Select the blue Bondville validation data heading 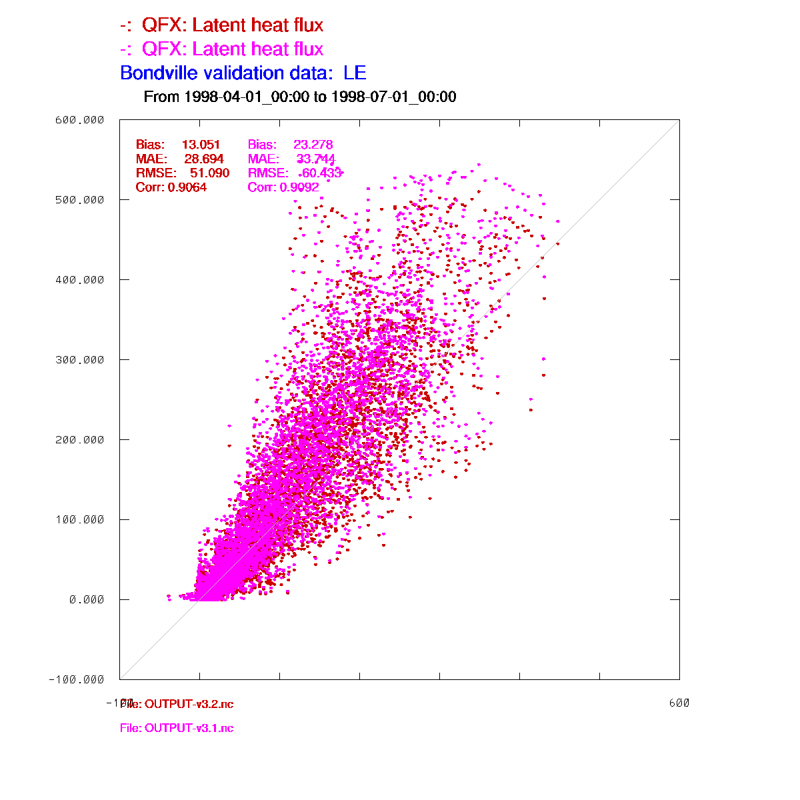(243, 73)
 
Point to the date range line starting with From (300, 97)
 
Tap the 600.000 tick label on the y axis (79, 120)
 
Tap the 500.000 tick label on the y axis (79, 200)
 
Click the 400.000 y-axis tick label (79, 280)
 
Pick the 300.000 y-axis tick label (79, 360)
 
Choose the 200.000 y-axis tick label (79, 440)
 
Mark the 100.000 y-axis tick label (79, 520)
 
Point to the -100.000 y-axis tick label (77, 680)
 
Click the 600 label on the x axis (679, 703)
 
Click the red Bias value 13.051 (201, 145)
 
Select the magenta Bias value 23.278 (313, 145)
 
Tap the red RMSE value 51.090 (209, 173)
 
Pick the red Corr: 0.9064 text (171, 187)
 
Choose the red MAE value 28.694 (204, 159)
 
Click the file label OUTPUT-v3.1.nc (177, 728)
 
